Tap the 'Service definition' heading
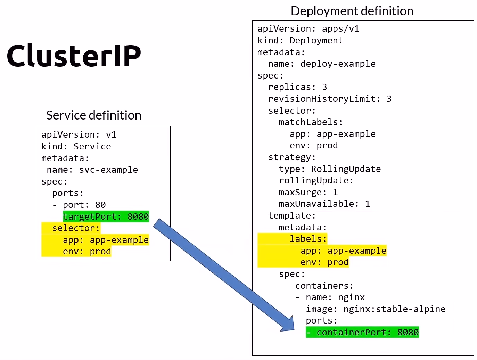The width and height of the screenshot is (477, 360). tap(93, 115)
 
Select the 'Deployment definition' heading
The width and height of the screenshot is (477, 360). tap(352, 11)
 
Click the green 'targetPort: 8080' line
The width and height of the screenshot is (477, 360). tap(106, 216)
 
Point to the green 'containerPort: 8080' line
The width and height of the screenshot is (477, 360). tap(362, 332)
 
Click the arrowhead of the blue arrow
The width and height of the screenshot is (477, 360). tap(288, 325)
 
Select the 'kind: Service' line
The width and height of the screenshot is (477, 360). tap(76, 146)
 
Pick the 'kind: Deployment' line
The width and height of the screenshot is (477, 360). tap(300, 40)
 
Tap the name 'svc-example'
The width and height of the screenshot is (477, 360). tap(108, 170)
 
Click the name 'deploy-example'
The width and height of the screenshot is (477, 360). tap(338, 64)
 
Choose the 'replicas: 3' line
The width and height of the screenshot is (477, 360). tap(297, 87)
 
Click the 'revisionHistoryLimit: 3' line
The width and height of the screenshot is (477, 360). tap(330, 99)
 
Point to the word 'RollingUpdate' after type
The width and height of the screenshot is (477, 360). tap(346, 169)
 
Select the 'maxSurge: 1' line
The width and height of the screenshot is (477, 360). tap(308, 192)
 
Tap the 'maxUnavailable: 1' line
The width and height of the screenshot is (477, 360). tap(324, 204)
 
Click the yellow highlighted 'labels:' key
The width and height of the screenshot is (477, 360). tap(308, 239)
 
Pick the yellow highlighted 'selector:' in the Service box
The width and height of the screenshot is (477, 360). tap(76, 228)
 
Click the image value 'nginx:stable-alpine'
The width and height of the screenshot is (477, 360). tap(394, 309)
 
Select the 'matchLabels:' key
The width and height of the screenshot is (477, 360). tap(311, 122)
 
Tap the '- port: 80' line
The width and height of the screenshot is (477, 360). tap(79, 205)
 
